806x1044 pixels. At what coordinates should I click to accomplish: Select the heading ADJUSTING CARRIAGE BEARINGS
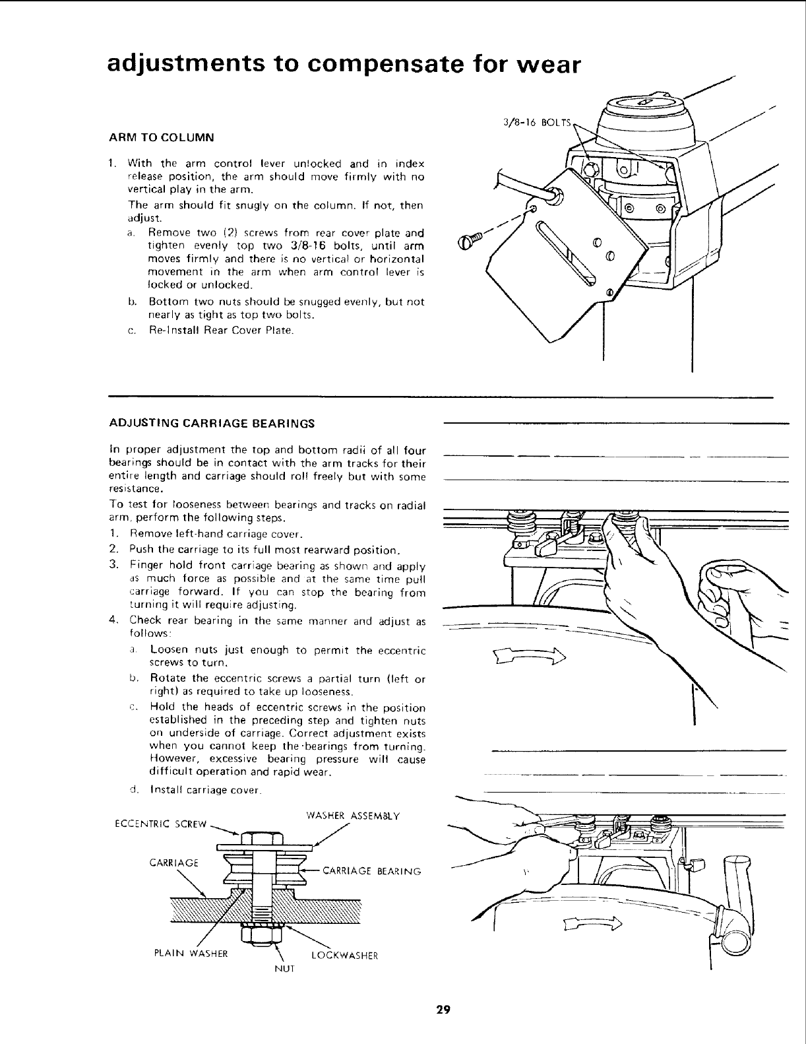[211, 422]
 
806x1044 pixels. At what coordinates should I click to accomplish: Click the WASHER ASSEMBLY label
[353, 814]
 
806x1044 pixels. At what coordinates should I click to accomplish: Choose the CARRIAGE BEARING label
[371, 871]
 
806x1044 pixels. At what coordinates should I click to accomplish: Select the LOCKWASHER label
[344, 954]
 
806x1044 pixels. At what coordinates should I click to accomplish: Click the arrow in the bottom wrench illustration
[590, 923]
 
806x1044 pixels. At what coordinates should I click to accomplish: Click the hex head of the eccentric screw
[262, 838]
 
